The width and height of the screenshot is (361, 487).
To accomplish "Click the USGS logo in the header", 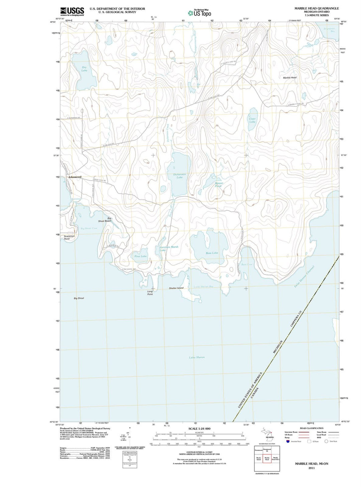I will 72,12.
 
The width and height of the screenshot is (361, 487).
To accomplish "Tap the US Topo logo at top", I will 200,13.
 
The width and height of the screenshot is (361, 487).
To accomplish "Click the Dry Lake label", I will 84,69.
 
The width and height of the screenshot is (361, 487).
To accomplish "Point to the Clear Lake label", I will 252,120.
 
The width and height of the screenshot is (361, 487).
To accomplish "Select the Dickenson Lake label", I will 179,176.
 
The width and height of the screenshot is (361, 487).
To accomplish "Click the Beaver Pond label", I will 219,185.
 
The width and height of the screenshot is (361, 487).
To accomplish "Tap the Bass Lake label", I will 212,253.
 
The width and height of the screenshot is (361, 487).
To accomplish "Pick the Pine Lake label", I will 141,256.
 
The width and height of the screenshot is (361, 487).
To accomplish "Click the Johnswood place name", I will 75,177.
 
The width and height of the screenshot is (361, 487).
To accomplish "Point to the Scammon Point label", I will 69,237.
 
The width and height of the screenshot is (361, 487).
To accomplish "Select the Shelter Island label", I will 176,288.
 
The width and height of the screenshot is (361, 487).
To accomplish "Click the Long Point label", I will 150,293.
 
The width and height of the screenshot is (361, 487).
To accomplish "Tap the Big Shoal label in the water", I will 79,298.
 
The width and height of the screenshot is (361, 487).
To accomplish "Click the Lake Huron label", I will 197,357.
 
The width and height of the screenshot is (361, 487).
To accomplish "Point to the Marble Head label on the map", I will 290,78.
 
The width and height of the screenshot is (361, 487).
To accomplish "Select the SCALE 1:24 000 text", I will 199,429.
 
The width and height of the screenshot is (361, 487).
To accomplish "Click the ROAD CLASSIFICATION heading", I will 312,428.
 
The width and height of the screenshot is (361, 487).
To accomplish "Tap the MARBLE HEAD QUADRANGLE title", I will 312,8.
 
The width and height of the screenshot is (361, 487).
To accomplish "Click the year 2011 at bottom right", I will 312,468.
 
